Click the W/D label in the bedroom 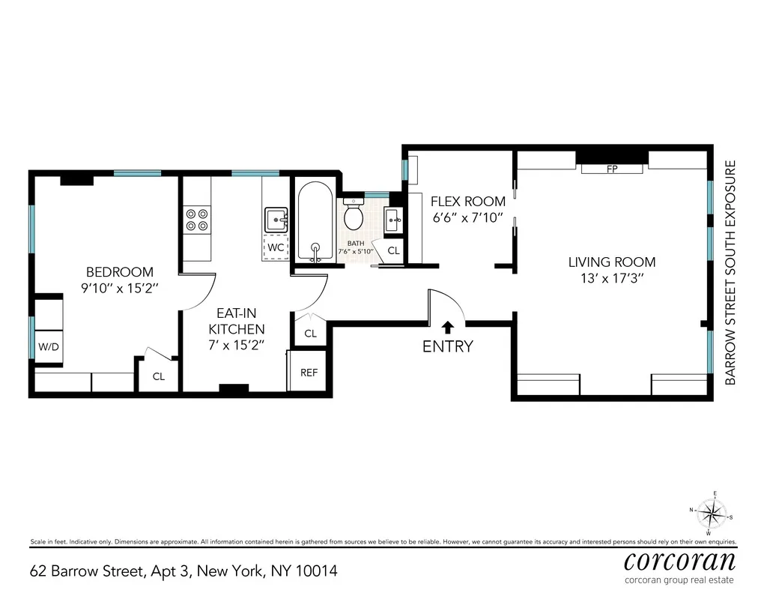pyautogui.click(x=48, y=348)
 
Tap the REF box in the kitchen pyautogui.click(x=309, y=372)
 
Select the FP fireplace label pyautogui.click(x=612, y=169)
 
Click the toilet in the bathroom pyautogui.click(x=353, y=216)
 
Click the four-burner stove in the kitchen pyautogui.click(x=197, y=219)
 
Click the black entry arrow pyautogui.click(x=448, y=327)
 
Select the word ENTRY pyautogui.click(x=448, y=346)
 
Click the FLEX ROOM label pyautogui.click(x=468, y=202)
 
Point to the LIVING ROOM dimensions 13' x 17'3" pyautogui.click(x=612, y=278)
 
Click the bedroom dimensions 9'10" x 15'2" pyautogui.click(x=120, y=288)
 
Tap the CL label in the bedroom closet pyautogui.click(x=159, y=376)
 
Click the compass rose pyautogui.click(x=714, y=515)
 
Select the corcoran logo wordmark pyautogui.click(x=679, y=561)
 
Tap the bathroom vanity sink pyautogui.click(x=394, y=220)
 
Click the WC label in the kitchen pyautogui.click(x=276, y=247)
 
